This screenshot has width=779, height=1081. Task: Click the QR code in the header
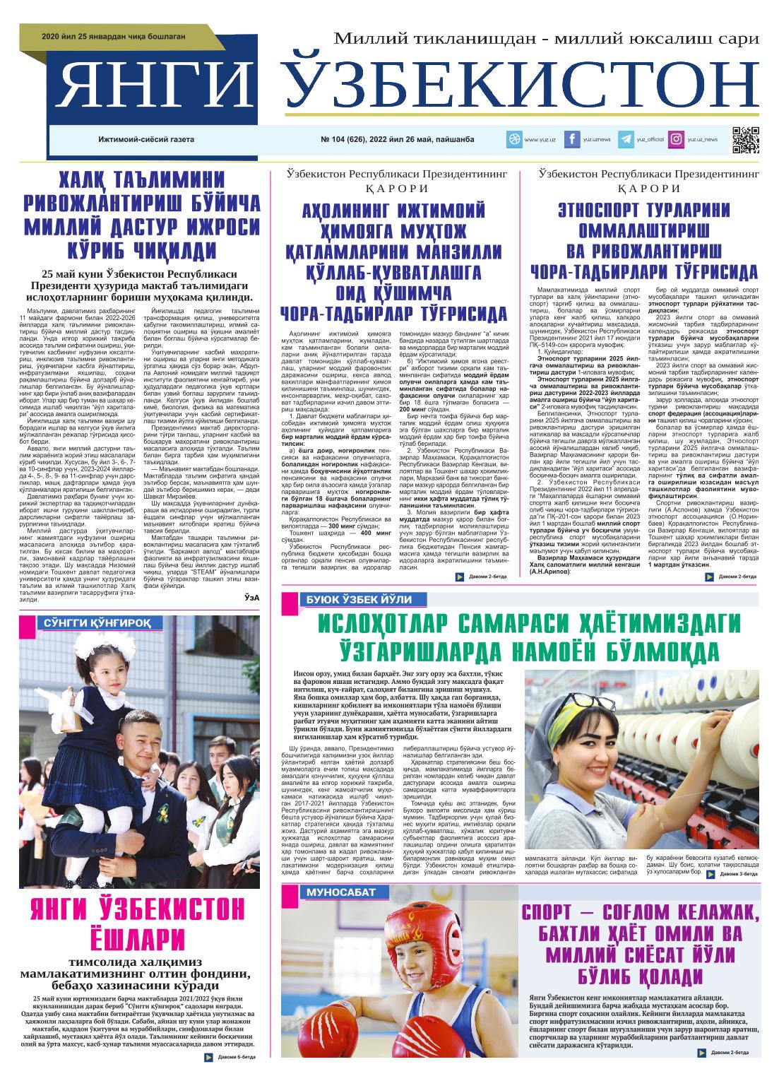tap(745, 139)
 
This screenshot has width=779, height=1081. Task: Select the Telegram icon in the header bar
tap(625, 140)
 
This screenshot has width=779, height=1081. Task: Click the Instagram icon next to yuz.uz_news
tap(677, 140)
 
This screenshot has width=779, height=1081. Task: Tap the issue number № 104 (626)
tap(350, 140)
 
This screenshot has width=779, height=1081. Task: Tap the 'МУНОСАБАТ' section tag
tap(341, 893)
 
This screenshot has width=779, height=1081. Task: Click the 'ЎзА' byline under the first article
tap(251, 598)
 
